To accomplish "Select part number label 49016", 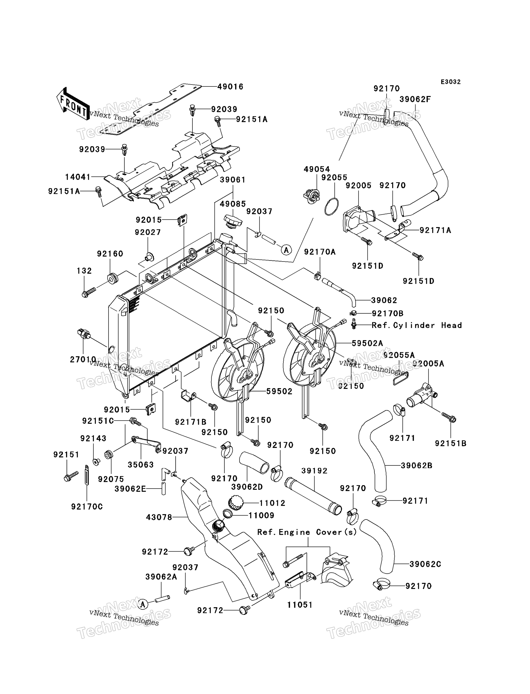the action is (230, 87).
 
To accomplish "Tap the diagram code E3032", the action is (451, 82).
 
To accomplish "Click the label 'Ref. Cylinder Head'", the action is (416, 325).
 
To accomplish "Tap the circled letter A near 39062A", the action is (143, 604).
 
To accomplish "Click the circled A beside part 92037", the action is (286, 250).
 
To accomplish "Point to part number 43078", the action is (159, 517).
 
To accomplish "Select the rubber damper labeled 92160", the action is (112, 279).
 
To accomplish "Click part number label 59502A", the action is (367, 343).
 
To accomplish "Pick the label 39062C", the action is (425, 564).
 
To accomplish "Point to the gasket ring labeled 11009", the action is (228, 514).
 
